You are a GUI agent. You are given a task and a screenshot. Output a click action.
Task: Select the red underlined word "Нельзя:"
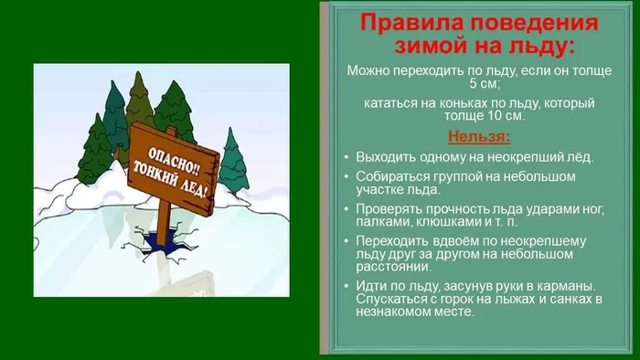click(478, 138)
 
